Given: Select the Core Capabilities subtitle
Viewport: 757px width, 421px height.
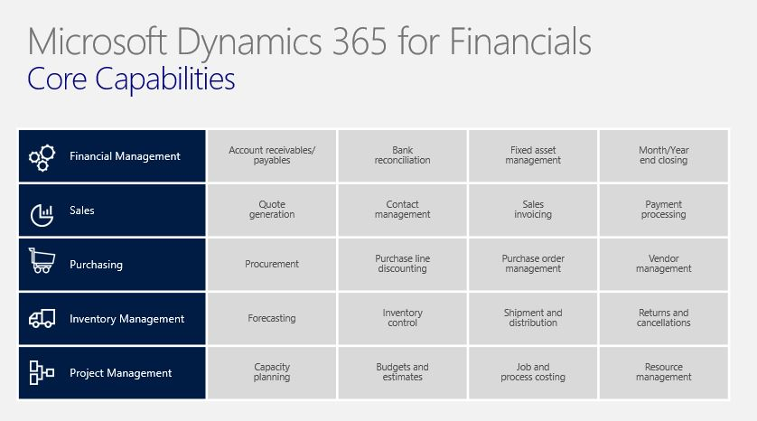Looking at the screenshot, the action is (x=131, y=79).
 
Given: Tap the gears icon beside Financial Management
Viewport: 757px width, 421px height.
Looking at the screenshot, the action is (x=42, y=157).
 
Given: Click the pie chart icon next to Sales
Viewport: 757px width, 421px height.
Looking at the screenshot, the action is (x=42, y=215).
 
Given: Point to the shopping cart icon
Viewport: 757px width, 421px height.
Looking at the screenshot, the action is (x=42, y=261).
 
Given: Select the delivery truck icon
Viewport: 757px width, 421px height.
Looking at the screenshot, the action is (x=42, y=319).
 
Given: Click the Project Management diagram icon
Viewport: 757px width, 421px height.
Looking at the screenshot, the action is (x=42, y=373).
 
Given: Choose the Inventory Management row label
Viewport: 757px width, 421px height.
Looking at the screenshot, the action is (x=127, y=319).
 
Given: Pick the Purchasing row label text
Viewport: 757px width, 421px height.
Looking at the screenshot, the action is (x=96, y=265).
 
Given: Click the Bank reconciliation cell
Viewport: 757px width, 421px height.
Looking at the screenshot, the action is (x=403, y=156).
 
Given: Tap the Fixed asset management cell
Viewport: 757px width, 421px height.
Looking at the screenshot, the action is (x=533, y=156).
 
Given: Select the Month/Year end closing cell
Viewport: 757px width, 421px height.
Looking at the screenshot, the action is (x=664, y=156).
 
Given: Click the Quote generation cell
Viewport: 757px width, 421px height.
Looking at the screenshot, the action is (x=272, y=210).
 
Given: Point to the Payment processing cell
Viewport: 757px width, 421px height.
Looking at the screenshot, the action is (x=664, y=210).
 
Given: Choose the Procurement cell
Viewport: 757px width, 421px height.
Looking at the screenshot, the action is (x=272, y=264).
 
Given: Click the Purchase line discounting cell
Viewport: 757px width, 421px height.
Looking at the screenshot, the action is (x=403, y=264).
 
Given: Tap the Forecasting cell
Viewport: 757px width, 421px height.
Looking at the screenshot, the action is (x=272, y=319).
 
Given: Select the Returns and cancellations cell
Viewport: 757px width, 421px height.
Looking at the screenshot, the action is (x=664, y=319).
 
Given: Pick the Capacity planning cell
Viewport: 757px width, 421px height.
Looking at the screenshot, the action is (x=272, y=373).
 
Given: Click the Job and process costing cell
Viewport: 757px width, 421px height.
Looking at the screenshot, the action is (x=533, y=373).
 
